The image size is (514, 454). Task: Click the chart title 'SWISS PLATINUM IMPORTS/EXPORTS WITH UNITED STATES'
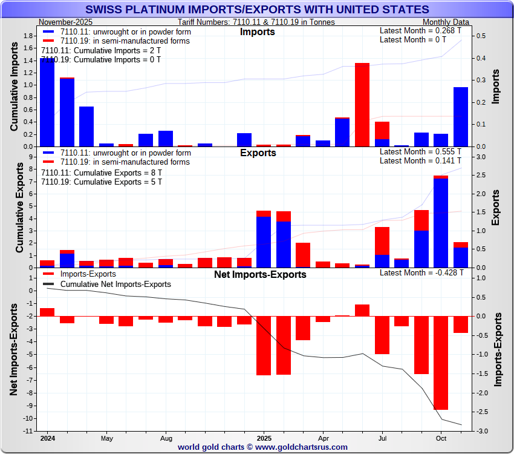tap(257, 10)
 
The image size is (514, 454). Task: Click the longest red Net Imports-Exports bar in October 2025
tap(441, 363)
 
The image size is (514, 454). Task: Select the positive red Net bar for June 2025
tap(362, 310)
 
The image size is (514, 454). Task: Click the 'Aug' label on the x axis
tap(166, 438)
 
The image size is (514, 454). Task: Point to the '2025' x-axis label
tap(264, 438)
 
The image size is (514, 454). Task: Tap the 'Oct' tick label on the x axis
tap(441, 438)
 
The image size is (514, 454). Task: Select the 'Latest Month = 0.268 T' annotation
tap(420, 30)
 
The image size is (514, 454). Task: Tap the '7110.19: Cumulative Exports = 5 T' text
tap(102, 182)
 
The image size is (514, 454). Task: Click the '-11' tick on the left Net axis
tap(28, 431)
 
